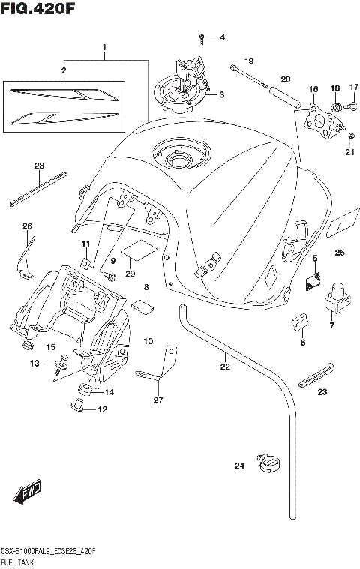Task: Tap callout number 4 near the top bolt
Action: tap(221, 37)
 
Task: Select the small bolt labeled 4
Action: tap(202, 37)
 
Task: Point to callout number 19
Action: tap(249, 61)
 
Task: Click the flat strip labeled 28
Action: tap(39, 189)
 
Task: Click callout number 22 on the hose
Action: tap(224, 367)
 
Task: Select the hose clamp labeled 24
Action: tap(267, 463)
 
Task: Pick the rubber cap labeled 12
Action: tap(78, 407)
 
